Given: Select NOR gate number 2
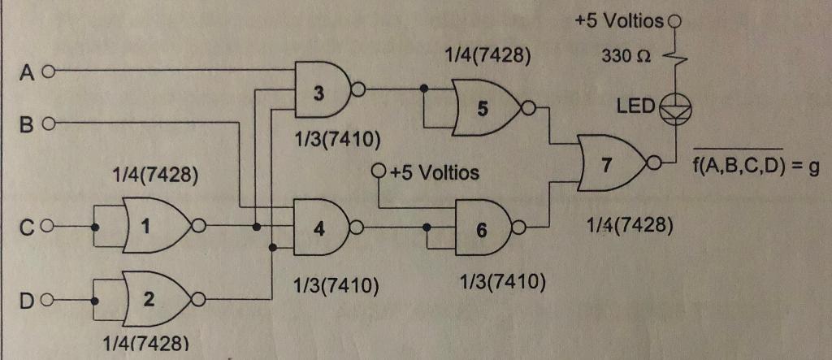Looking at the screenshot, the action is (x=154, y=301).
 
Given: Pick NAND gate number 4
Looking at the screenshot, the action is (x=320, y=228).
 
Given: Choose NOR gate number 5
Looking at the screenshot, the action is (x=487, y=111).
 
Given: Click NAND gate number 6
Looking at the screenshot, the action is (x=483, y=229).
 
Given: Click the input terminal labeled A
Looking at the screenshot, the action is (x=47, y=72).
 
